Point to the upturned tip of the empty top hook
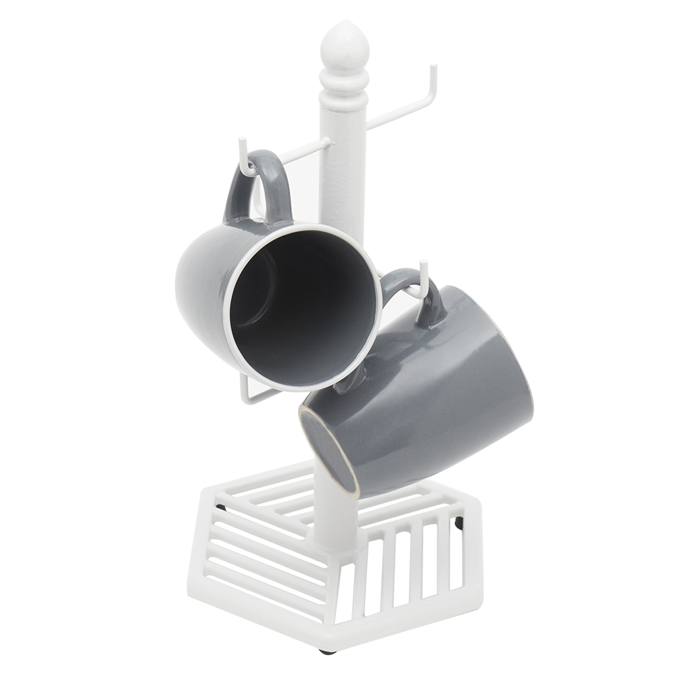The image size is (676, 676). (x=433, y=71)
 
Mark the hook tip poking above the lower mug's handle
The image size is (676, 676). (x=422, y=270)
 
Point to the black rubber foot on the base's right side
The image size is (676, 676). (x=460, y=522)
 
